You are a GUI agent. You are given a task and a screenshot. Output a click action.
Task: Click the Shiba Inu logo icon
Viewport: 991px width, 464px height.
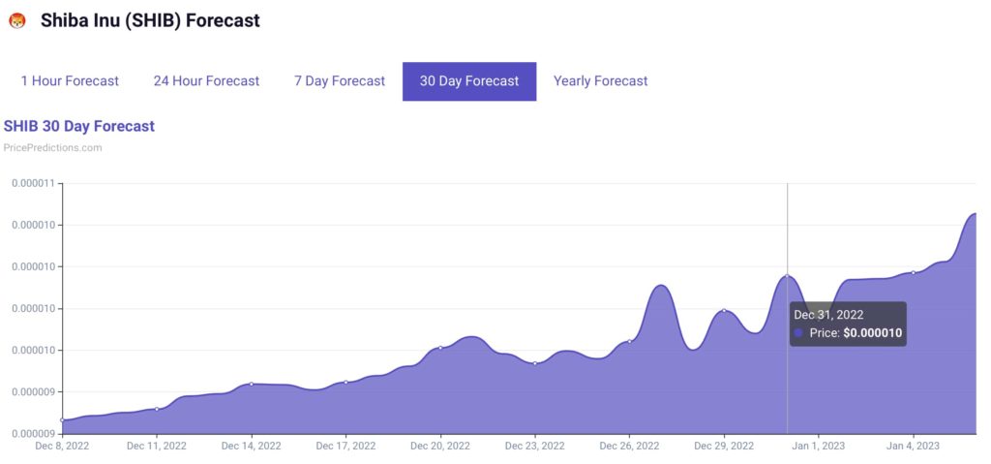16,20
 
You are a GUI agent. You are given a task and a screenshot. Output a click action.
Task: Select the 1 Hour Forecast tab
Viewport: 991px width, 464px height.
70,81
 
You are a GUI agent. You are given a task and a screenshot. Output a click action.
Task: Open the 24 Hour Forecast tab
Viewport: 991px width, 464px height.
206,81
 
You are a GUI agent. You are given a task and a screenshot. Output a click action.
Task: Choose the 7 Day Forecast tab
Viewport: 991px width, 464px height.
340,81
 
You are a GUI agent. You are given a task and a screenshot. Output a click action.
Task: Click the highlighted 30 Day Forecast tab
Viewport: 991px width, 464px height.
469,81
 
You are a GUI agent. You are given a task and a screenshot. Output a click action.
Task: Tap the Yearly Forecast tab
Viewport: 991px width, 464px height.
601,81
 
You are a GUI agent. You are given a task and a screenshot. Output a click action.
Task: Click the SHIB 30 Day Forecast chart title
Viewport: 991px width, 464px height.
79,126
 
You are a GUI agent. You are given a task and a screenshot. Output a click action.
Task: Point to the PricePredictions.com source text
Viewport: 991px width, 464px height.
53,148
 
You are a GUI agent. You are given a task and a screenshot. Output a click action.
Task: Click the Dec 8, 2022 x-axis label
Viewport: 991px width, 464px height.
63,447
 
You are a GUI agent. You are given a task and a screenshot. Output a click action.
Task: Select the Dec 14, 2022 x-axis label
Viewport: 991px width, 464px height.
252,447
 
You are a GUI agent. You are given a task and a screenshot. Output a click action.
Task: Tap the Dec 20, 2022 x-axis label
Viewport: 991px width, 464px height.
440,447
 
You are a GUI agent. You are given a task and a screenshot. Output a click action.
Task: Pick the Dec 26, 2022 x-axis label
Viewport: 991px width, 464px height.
629,447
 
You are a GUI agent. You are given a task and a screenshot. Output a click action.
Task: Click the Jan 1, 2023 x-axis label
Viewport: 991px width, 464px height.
818,447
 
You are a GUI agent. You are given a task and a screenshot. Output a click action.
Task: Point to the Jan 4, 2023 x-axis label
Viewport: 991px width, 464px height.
913,447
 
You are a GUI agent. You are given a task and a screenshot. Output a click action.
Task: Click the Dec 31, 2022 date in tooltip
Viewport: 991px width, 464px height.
828,315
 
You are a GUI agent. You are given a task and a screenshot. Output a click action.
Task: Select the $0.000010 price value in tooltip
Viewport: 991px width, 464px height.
873,333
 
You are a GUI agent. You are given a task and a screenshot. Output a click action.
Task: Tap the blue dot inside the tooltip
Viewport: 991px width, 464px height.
798,333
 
